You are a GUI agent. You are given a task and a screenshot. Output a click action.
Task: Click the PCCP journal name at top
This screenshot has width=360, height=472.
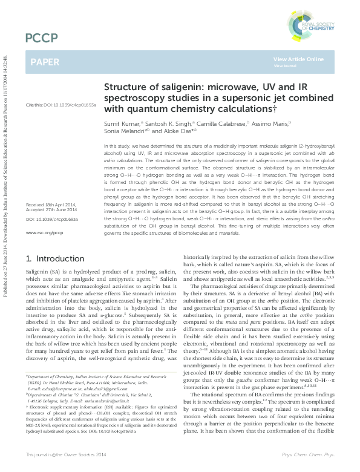tap(36, 39)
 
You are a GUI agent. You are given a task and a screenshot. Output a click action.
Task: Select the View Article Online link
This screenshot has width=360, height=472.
tap(298, 59)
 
